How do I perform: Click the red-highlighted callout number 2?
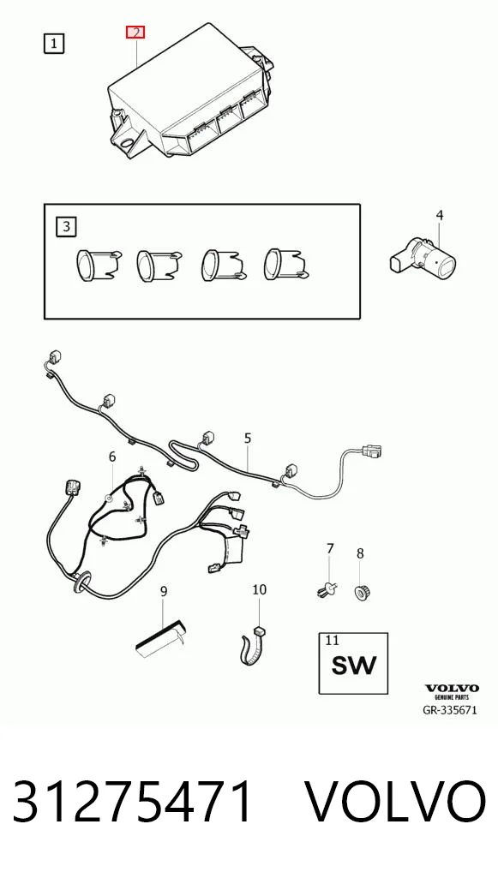click(x=135, y=33)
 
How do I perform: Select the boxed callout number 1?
click(x=54, y=44)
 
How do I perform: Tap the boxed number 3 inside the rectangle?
click(x=67, y=227)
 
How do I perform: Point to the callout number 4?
click(x=440, y=215)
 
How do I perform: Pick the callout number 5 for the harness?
click(x=248, y=439)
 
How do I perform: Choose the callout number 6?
click(x=112, y=457)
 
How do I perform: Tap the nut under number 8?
click(x=363, y=592)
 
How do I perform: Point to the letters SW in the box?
click(x=354, y=665)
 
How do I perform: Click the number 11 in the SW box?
click(x=333, y=640)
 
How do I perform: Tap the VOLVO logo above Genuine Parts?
click(x=452, y=689)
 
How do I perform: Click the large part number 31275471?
click(x=133, y=802)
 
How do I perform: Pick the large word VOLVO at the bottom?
click(x=397, y=802)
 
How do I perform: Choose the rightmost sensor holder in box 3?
click(x=287, y=263)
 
